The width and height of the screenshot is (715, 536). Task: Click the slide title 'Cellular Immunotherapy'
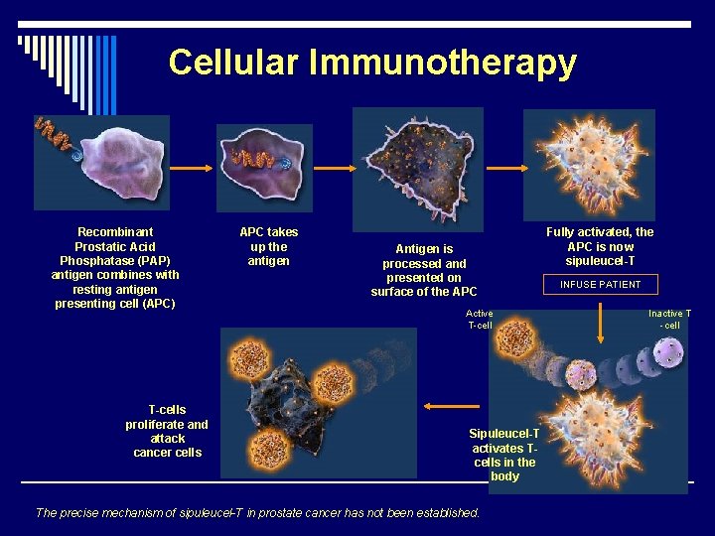coord(371,62)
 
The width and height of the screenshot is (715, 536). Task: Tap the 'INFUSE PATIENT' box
coord(600,284)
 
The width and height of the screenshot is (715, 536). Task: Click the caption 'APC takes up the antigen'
coord(268,246)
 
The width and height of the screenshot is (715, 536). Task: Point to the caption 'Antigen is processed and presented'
coord(424,270)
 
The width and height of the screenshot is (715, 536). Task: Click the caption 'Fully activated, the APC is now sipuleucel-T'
coord(600,246)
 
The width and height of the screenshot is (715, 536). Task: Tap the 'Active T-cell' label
coord(480,320)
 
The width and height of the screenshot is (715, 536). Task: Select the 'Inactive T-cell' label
coord(669,320)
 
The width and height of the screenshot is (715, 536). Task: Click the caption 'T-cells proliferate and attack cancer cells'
coord(167,431)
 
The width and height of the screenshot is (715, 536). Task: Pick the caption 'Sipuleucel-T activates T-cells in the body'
coord(504,455)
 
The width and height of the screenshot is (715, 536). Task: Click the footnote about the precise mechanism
coord(258,513)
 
